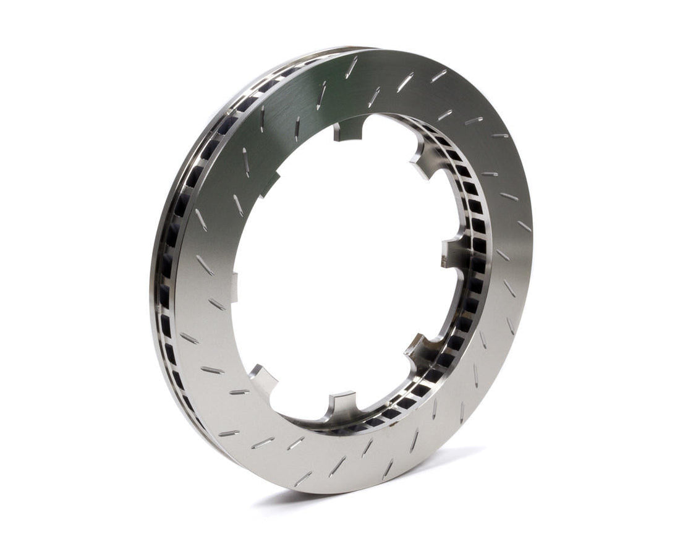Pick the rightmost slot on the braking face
point(524,226)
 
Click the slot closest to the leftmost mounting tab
point(217,304)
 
